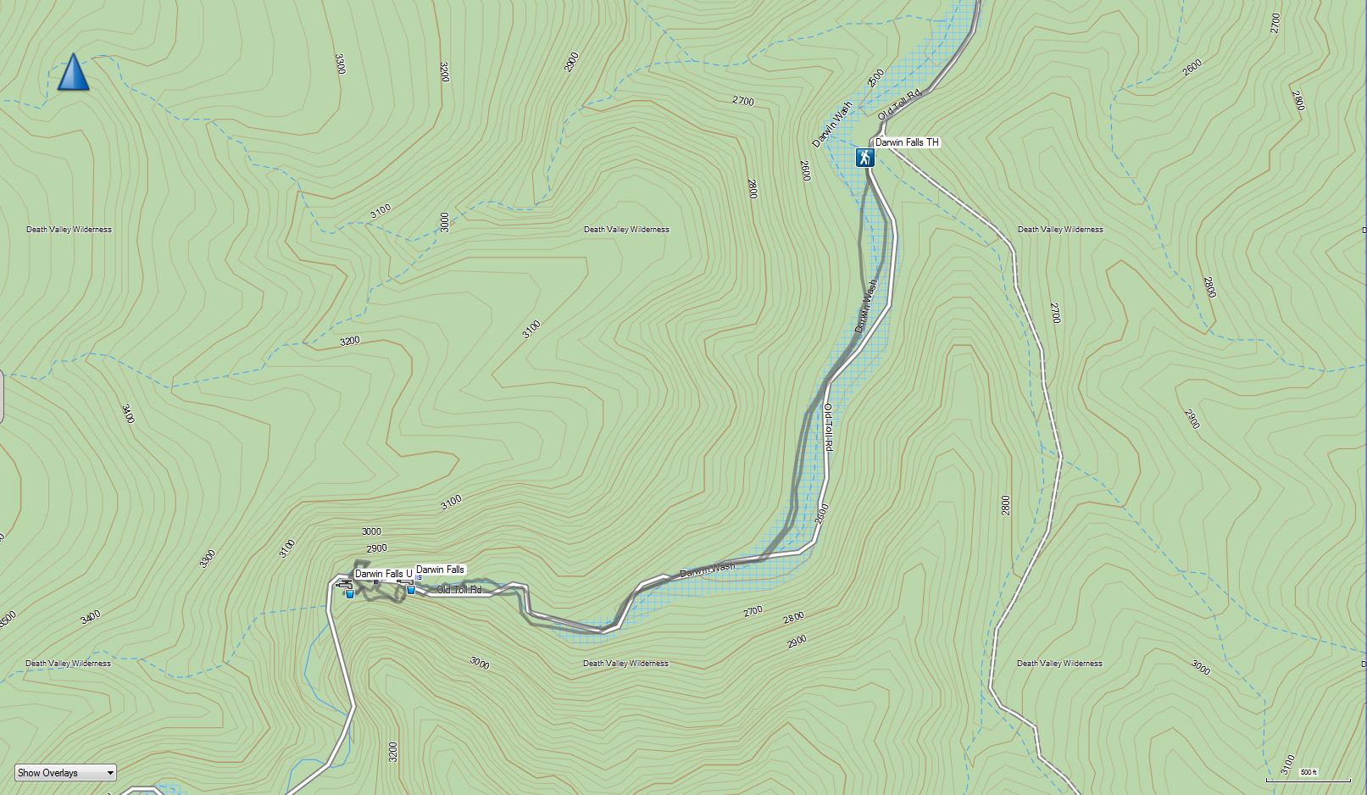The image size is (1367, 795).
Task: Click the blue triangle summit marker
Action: pyautogui.click(x=74, y=72)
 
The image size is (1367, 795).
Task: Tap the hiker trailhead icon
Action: pyautogui.click(x=864, y=158)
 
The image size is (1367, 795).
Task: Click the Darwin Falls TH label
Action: pyautogui.click(x=907, y=142)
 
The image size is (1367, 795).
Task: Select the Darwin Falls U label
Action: pyautogui.click(x=383, y=574)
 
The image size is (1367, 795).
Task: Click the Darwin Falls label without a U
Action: pyautogui.click(x=440, y=570)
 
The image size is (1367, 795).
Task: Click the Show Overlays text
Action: pyautogui.click(x=47, y=773)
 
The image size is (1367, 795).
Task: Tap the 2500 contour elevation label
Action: pyautogui.click(x=875, y=78)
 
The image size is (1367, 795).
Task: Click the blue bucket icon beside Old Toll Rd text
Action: pyautogui.click(x=411, y=589)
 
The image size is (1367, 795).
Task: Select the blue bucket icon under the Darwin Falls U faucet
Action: pyautogui.click(x=349, y=593)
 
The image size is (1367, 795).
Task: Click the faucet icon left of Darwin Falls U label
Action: pyautogui.click(x=343, y=582)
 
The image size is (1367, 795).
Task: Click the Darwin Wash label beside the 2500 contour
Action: pyautogui.click(x=832, y=125)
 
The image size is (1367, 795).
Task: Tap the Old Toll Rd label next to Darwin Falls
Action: pyautogui.click(x=458, y=590)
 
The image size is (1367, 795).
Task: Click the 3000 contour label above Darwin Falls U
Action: pyautogui.click(x=371, y=531)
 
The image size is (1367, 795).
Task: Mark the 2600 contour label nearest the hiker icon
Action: pyautogui.click(x=804, y=170)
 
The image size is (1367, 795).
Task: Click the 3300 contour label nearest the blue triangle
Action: pyautogui.click(x=340, y=64)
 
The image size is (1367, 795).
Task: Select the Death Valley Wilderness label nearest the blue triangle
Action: pyautogui.click(x=69, y=230)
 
